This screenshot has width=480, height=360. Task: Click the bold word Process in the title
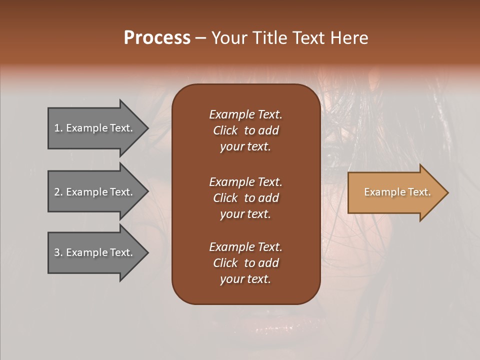(157, 38)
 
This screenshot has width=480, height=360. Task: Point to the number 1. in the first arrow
(58, 128)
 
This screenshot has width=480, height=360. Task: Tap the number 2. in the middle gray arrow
(58, 192)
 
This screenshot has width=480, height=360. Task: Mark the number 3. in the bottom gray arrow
(58, 252)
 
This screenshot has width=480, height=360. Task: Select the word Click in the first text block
(225, 130)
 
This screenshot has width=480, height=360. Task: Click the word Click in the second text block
(225, 198)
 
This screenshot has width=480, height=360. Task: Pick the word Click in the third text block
(225, 263)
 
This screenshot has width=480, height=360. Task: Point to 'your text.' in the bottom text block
(245, 279)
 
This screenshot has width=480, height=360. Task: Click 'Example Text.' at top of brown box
(245, 114)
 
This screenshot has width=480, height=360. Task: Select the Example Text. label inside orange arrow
(397, 192)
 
